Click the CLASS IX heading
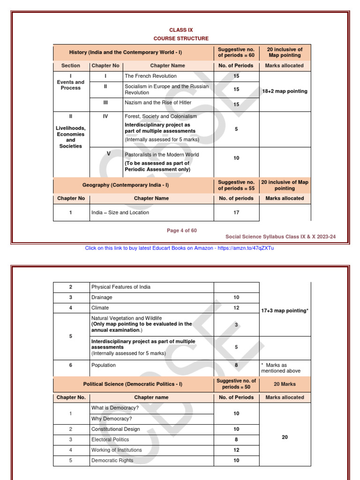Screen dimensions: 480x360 click(x=181, y=30)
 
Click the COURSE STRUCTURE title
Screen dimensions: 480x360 click(x=181, y=38)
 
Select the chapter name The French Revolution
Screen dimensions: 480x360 click(x=150, y=76)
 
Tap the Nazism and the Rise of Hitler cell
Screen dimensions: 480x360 click(x=158, y=103)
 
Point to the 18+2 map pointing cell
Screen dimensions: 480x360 click(x=285, y=91)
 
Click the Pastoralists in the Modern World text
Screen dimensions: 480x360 click(x=162, y=155)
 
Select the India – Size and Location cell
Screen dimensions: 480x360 click(x=120, y=212)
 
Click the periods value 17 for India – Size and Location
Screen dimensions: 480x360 click(x=236, y=212)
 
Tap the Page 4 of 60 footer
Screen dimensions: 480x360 click(x=182, y=231)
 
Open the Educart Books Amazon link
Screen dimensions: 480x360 click(x=180, y=248)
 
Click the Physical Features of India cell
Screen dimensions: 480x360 click(x=121, y=287)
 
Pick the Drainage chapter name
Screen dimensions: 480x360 click(x=102, y=298)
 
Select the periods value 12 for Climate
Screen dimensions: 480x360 click(x=236, y=308)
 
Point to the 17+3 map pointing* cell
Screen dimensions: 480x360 click(x=285, y=310)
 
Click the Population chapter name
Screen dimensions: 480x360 click(x=104, y=365)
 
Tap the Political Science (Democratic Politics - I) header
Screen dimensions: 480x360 click(x=133, y=384)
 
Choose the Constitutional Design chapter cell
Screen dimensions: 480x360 click(x=116, y=429)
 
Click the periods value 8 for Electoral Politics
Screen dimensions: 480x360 click(x=236, y=440)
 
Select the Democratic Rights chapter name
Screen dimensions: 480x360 click(x=112, y=460)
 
